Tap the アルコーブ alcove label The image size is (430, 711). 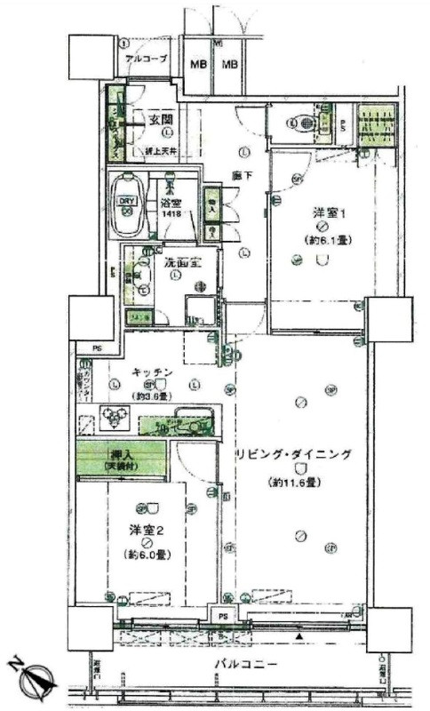(145, 61)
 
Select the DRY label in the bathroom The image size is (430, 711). (127, 201)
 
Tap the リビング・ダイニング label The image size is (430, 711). (293, 454)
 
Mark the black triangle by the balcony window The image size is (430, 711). (300, 637)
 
